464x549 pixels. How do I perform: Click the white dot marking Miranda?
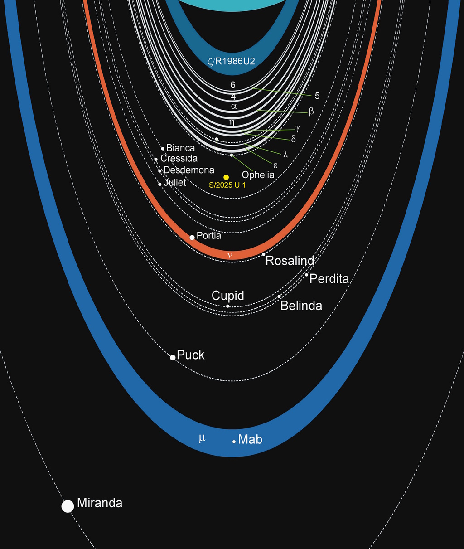68,506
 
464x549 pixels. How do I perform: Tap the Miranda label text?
100,503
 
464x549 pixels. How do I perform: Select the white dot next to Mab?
234,441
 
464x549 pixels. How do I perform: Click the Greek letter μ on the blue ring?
202,438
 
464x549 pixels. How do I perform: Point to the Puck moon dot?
173,358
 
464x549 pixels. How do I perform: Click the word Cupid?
228,296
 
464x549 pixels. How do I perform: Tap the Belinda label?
301,306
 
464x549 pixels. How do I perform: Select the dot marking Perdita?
306,275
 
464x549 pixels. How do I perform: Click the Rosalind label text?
290,261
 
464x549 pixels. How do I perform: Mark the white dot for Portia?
192,237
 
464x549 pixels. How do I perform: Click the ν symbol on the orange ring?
230,255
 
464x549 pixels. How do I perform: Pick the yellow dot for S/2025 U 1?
226,177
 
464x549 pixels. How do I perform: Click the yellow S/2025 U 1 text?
227,185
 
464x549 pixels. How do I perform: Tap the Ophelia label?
258,175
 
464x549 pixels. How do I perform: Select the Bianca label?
180,148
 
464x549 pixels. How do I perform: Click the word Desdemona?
188,170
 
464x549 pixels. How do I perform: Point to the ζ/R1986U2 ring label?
232,61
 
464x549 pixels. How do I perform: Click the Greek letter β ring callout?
311,112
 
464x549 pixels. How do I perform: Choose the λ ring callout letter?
285,154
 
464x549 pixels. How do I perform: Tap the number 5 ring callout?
317,96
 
